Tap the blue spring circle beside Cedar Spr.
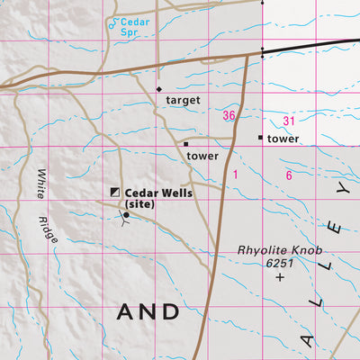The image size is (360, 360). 112,25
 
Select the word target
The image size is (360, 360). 183,101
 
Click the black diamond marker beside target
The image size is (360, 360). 159,90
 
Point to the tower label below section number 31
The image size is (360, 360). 283,139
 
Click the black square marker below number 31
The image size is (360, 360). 261,138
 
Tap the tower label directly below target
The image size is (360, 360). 202,156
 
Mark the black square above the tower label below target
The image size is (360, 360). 186,144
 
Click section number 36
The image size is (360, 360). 229,115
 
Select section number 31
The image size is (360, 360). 288,121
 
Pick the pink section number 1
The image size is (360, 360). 235,175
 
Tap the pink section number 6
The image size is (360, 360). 289,175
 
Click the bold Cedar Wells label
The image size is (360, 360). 159,193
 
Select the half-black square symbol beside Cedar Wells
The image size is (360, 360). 114,192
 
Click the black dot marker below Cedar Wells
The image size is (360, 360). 126,215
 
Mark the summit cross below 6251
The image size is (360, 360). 280,278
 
